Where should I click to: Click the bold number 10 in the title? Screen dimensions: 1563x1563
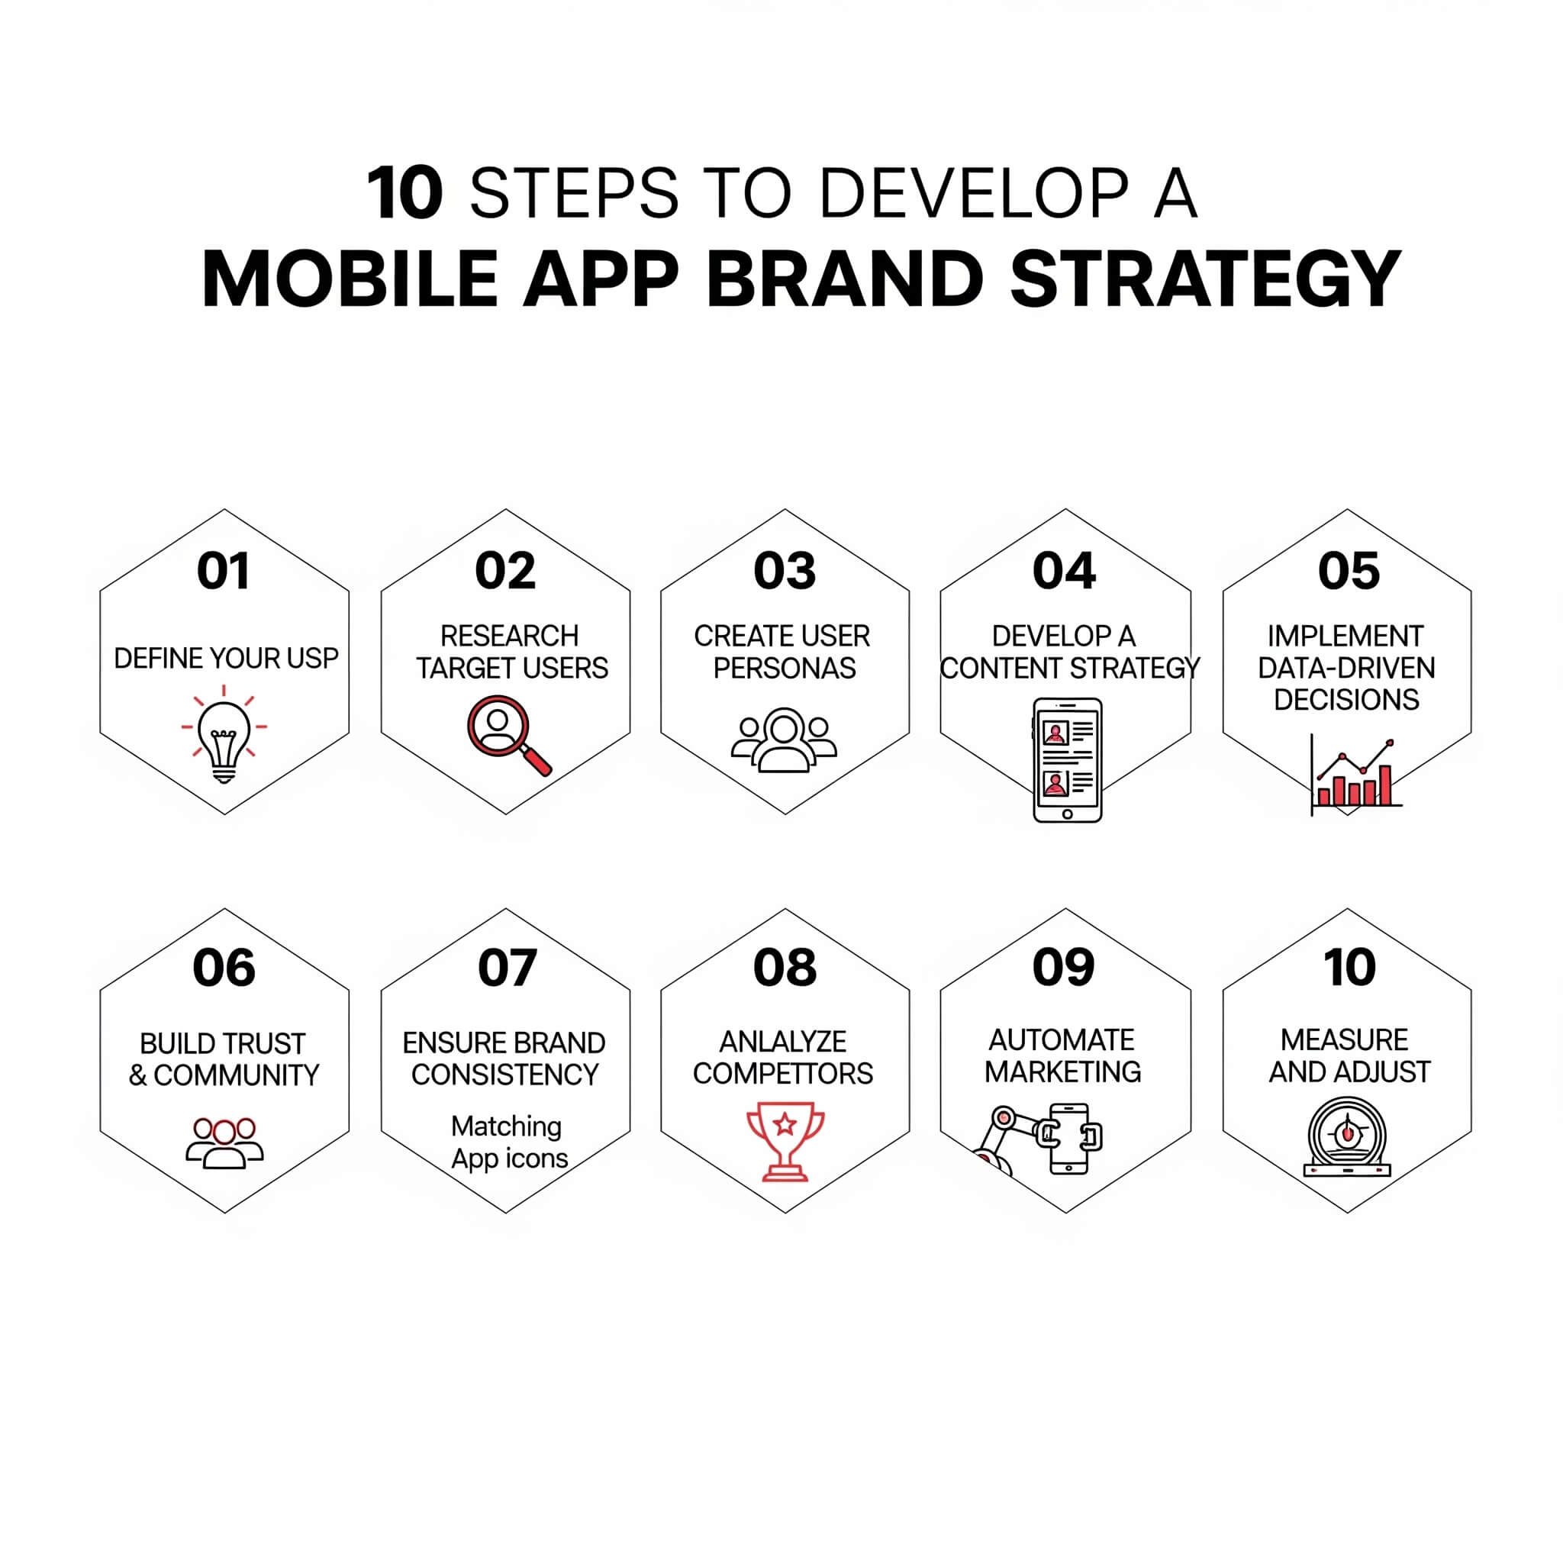404,193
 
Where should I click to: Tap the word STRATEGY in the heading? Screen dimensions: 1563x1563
1205,279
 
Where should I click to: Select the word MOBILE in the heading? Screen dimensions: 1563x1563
350,279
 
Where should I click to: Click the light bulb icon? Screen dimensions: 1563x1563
224,733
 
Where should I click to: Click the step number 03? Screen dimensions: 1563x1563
784,570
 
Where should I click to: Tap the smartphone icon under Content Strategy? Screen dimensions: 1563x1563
1067,760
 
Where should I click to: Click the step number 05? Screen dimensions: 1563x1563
1348,570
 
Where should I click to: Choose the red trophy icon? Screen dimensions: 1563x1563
785,1141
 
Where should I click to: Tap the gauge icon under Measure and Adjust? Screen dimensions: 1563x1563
1347,1136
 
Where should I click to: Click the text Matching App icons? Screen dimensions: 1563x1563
509,1142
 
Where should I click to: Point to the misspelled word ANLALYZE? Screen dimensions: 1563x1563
783,1041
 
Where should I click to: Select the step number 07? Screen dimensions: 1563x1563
507,967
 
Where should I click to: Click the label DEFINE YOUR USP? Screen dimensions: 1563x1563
226,659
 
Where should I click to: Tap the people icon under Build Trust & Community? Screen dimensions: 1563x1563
225,1143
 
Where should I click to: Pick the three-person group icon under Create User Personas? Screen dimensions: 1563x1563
783,740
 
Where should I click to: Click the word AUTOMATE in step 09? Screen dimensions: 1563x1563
1062,1039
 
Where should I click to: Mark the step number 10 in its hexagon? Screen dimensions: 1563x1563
1349,967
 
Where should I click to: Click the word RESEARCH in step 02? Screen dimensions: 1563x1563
509,636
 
